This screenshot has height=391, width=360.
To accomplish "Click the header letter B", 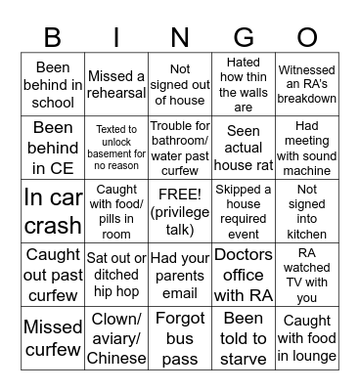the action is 53,37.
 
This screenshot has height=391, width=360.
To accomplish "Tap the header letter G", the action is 244,37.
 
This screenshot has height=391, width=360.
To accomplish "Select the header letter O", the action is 307,37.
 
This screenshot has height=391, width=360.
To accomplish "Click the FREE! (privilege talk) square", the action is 180,210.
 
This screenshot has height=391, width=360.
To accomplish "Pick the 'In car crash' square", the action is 53,210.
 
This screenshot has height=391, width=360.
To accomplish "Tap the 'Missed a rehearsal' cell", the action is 116,83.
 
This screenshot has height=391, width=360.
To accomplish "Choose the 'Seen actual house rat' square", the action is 244,147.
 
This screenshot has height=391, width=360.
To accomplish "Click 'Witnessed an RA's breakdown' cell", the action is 307,83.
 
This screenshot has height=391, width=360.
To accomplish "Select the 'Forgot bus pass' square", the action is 180,337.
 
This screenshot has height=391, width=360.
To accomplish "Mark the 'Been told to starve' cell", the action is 244,337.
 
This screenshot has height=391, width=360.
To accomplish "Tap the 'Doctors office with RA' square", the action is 244,274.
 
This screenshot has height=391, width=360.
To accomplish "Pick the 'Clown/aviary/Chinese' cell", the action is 116,337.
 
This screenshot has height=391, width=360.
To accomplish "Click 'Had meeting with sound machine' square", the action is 307,147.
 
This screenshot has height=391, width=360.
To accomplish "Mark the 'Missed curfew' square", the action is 53,337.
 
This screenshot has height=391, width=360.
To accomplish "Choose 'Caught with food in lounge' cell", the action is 307,337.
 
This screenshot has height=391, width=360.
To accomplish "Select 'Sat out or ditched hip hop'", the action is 116,274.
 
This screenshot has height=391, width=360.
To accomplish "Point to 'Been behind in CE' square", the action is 53,147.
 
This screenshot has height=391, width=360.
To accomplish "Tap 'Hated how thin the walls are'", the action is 244,83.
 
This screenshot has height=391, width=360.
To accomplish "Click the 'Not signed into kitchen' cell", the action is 307,210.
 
